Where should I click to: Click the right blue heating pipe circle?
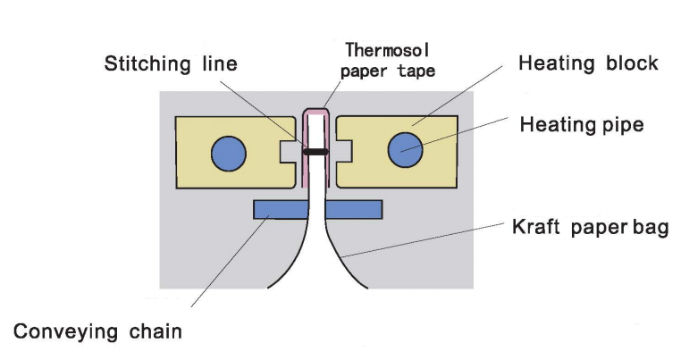(405, 151)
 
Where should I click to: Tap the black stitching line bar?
(315, 152)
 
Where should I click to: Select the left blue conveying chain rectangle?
(281, 210)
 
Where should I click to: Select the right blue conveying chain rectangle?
(354, 210)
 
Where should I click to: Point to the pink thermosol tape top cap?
(315, 113)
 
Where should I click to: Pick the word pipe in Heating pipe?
(623, 124)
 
